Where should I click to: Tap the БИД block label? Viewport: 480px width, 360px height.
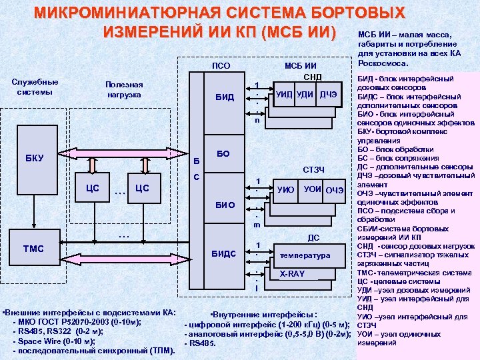[x=225, y=97]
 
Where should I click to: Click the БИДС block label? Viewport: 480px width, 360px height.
[x=224, y=253]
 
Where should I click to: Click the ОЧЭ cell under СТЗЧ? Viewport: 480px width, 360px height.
[x=334, y=191]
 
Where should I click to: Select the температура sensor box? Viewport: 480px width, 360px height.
[x=305, y=255]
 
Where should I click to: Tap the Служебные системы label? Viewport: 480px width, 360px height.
[x=35, y=87]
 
